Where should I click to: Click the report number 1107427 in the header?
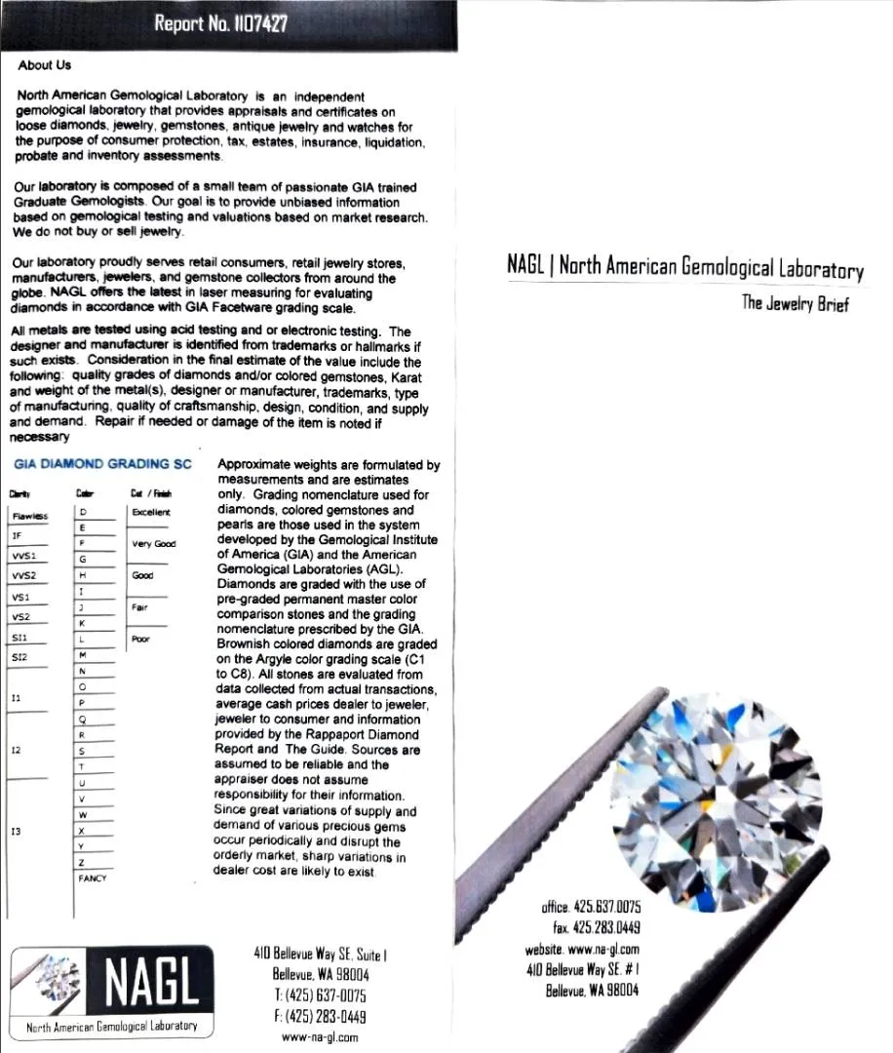coord(220,23)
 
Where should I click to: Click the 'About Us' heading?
coord(44,65)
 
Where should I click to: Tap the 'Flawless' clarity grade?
coord(30,516)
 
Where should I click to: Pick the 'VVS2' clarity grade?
coord(23,575)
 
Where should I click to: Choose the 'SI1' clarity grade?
coord(19,638)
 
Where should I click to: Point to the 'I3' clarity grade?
coord(16,832)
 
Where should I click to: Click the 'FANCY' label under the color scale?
coord(93,878)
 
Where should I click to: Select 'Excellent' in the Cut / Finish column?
coord(150,512)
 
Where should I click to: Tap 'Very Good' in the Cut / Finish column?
coord(154,544)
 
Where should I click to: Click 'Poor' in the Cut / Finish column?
coord(140,640)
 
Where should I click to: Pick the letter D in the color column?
coord(84,512)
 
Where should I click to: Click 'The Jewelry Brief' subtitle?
coord(795,303)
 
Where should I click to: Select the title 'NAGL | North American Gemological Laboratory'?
coord(684,266)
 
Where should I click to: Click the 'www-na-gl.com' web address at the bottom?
coord(320,1037)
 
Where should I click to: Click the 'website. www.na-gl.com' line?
coord(582,949)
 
